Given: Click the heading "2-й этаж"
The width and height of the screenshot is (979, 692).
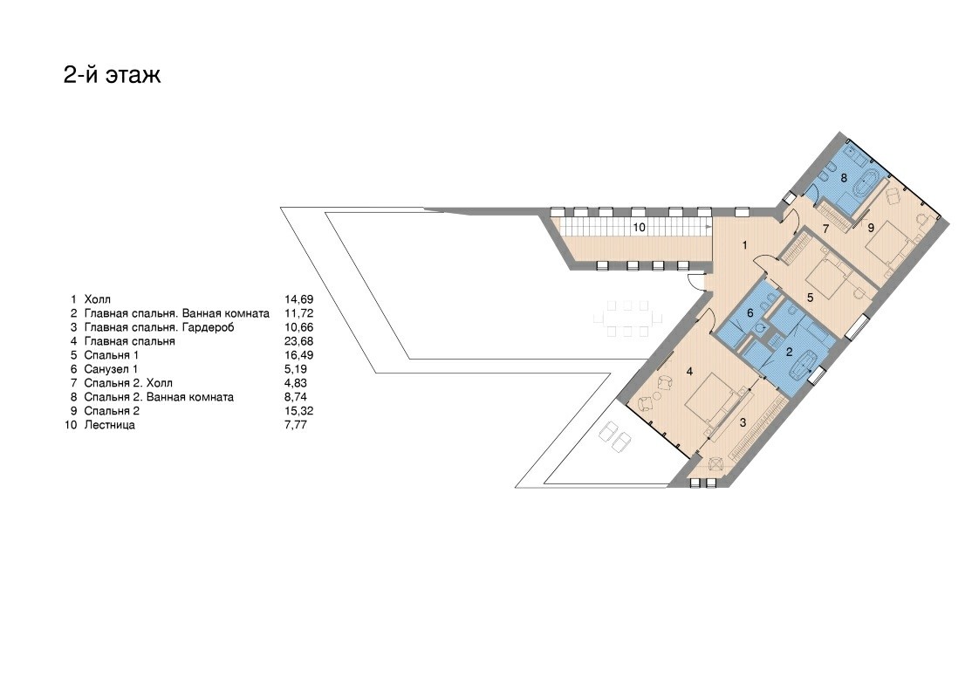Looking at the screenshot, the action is point(113,75).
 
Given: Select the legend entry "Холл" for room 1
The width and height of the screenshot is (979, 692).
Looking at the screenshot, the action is point(98,300).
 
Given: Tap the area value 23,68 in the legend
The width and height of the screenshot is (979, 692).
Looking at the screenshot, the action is point(299,341).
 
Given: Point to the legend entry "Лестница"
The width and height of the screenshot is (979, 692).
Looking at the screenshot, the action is point(109,425).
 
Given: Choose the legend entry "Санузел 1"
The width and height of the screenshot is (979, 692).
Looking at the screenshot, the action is point(111,369).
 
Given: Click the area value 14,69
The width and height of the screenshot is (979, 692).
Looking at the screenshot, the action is point(299,300).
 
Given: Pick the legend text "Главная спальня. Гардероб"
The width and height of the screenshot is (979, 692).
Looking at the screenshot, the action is point(159,327).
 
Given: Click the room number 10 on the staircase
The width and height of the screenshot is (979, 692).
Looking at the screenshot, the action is point(639,228).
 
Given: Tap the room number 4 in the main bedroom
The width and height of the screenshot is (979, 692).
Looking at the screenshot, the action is point(689,372).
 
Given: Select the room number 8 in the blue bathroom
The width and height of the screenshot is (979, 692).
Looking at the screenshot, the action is point(844,178).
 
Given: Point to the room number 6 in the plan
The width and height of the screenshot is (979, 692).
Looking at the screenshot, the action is point(750,313).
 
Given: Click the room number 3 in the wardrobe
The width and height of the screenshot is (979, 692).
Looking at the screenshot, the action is point(743,423).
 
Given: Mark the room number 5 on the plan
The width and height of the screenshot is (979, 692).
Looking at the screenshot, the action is point(810,298).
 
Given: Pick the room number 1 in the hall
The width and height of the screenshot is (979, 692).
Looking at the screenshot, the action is point(744,245).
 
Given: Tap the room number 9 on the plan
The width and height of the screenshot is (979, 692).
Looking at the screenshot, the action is point(871,229).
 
